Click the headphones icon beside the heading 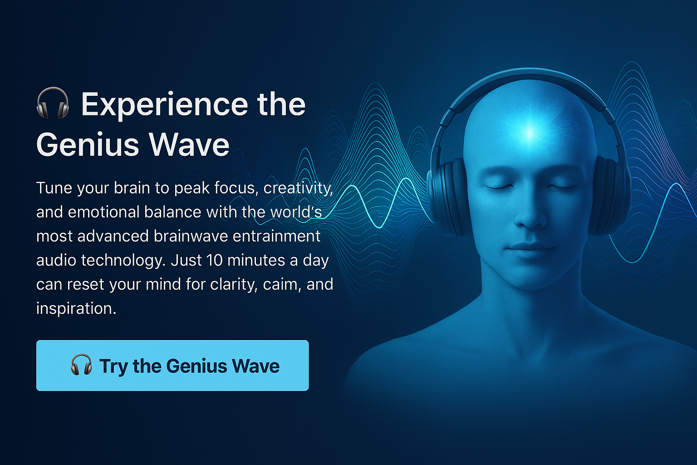click(53, 104)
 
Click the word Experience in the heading click(164, 104)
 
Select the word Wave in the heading click(189, 145)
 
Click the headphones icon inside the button click(82, 365)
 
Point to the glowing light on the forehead click(529, 133)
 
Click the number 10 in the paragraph click(214, 261)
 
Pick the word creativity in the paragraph click(298, 188)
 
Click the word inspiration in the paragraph click(76, 309)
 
